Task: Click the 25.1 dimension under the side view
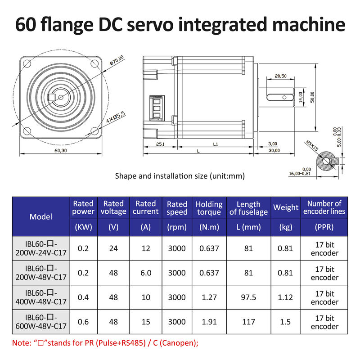click(160, 144)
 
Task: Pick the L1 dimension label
click(215, 144)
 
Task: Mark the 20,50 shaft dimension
click(280, 76)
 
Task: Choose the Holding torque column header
click(209, 208)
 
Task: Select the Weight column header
click(286, 207)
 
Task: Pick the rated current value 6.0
click(146, 273)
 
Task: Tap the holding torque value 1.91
click(209, 322)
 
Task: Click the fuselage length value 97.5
click(248, 297)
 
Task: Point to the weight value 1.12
click(286, 297)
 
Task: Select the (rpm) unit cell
click(177, 227)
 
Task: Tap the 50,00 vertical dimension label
click(312, 96)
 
